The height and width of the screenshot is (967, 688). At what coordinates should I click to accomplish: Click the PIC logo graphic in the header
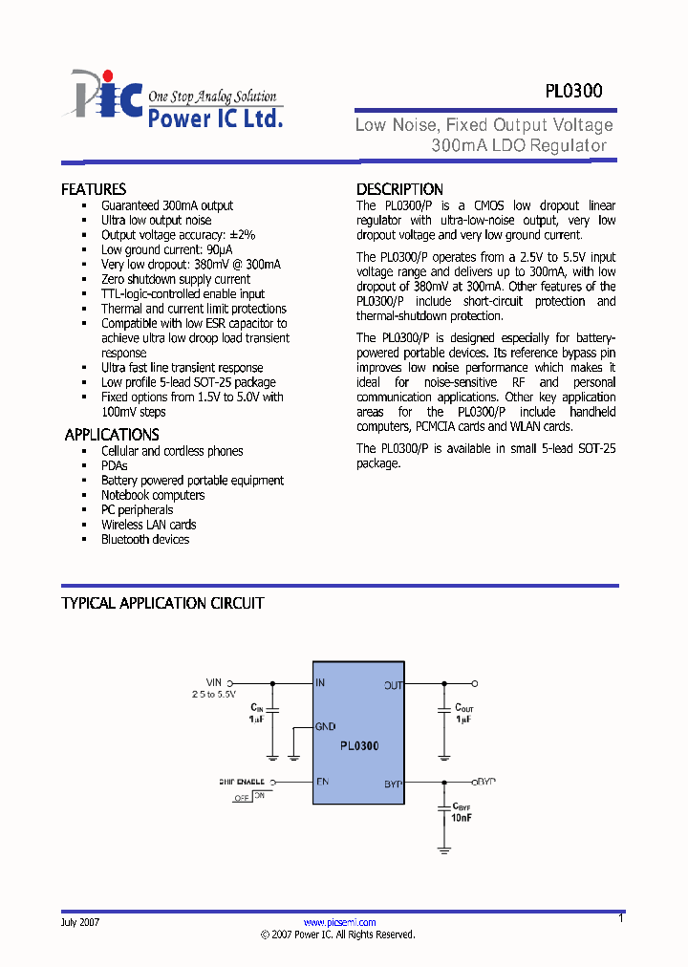(103, 96)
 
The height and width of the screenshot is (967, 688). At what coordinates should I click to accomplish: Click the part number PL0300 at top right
(573, 92)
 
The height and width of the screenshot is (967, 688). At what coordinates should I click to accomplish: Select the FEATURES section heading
(94, 189)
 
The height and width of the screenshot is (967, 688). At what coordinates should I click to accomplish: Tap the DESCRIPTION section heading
(399, 189)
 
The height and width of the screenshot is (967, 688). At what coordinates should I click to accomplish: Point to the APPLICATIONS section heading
(112, 435)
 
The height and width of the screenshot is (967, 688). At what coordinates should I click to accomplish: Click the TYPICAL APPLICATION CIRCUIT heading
(162, 603)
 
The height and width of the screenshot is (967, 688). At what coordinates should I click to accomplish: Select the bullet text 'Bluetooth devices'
(145, 540)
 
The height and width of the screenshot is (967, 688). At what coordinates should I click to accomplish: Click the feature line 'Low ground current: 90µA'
(167, 250)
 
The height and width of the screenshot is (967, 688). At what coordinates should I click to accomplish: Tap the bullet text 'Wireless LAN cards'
(149, 525)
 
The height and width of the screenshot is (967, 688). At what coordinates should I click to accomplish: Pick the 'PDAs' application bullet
(115, 465)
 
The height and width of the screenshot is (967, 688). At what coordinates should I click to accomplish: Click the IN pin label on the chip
(321, 683)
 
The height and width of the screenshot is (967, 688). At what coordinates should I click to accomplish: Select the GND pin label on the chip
(325, 726)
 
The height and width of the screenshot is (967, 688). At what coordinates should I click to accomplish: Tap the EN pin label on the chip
(322, 782)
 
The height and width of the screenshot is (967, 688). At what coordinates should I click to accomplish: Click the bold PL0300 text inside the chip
(359, 745)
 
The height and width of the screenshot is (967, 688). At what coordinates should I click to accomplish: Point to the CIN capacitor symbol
(272, 711)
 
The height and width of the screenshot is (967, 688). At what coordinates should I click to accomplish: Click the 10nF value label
(462, 818)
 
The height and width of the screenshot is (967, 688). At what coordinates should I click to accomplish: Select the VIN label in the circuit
(213, 682)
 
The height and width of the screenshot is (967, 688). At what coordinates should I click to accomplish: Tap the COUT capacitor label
(463, 708)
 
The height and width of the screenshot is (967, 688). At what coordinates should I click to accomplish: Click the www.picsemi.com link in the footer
(339, 922)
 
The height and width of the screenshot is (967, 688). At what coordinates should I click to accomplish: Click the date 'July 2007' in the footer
(80, 922)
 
